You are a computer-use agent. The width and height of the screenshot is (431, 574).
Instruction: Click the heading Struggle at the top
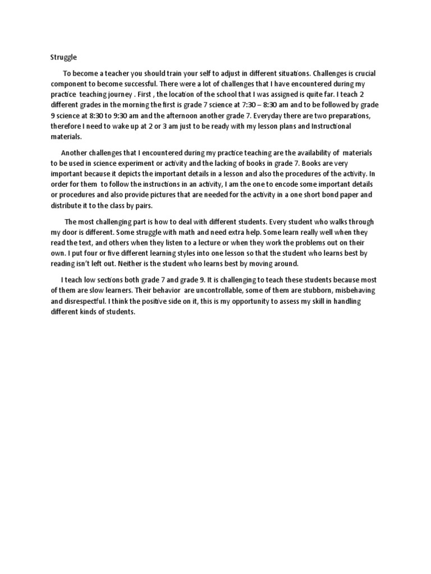(x=63, y=57)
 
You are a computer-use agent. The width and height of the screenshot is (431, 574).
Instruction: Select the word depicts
(x=150, y=174)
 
